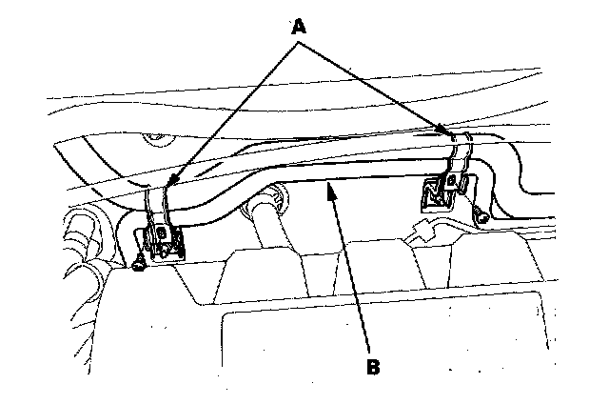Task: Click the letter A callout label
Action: point(300,28)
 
